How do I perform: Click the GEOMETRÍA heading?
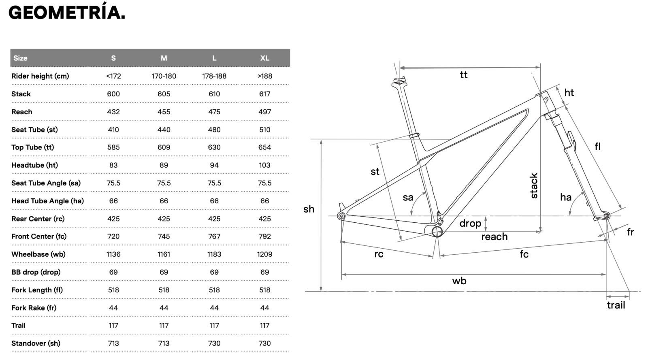[67, 13]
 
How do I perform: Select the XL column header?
[264, 58]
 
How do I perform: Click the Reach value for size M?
[164, 112]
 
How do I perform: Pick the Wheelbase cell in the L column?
[214, 254]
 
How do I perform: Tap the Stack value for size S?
[113, 94]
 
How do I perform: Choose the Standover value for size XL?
[264, 343]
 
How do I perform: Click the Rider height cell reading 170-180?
[164, 76]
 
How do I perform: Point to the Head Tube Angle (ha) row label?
[47, 201]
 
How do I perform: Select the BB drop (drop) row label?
[36, 272]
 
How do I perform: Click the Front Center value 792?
[264, 236]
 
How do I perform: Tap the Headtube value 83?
[113, 165]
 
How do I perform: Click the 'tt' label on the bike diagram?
[464, 75]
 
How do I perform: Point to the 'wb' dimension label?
[459, 281]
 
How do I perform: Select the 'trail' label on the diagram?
[616, 305]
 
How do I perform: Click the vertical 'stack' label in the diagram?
[534, 186]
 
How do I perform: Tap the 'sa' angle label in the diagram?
[408, 198]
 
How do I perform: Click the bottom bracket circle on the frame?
[437, 232]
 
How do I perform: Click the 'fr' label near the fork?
[630, 232]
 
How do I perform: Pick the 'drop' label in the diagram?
[470, 223]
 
